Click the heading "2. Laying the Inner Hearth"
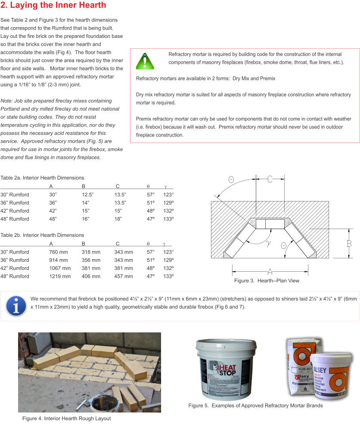tap(53, 6)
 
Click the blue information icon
tap(15, 306)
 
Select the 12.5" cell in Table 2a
tap(88, 195)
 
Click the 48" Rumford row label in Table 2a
tap(15, 219)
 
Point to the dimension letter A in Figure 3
tap(270, 271)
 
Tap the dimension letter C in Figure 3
tap(270, 179)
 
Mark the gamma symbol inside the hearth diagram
tap(268, 243)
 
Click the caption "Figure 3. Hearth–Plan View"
tap(267, 281)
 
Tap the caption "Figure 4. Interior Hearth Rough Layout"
tap(67, 419)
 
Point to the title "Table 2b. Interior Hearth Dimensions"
tap(42, 235)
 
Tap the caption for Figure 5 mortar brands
tap(255, 406)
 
